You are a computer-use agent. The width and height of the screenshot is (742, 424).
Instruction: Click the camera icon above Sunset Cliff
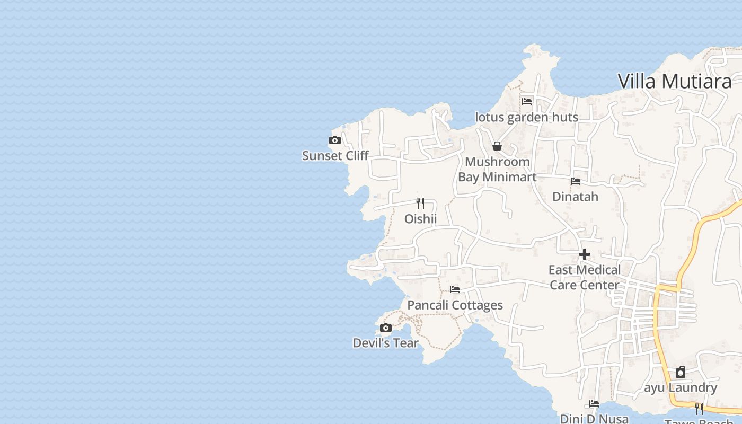click(x=334, y=140)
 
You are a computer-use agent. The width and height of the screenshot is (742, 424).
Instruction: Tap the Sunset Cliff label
click(x=335, y=156)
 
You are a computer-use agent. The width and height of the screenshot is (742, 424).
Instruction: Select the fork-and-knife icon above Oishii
click(x=420, y=203)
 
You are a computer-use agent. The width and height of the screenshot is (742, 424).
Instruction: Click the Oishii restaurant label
click(x=420, y=219)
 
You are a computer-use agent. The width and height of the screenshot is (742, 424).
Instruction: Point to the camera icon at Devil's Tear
click(x=386, y=328)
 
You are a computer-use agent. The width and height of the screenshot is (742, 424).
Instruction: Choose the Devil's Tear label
click(x=385, y=343)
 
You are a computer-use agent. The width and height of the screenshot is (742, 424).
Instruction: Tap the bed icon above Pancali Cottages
click(x=455, y=289)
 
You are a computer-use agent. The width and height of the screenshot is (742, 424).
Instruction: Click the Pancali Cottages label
click(x=455, y=305)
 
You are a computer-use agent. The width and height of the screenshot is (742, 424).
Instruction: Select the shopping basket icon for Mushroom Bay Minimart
click(x=497, y=146)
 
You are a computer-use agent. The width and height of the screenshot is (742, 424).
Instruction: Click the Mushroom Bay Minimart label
click(x=497, y=169)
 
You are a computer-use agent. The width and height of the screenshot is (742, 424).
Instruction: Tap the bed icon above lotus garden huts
click(x=526, y=101)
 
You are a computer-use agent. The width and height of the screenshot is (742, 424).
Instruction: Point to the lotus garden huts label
click(x=526, y=117)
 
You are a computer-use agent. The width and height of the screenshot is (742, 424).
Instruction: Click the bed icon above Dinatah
click(x=576, y=181)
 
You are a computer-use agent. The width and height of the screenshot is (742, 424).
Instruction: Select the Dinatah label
click(x=575, y=197)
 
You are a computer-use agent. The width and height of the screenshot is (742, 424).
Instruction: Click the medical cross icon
click(x=585, y=254)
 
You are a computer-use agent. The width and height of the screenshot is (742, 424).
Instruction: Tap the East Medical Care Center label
click(x=585, y=277)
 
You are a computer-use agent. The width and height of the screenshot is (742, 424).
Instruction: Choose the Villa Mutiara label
click(x=675, y=81)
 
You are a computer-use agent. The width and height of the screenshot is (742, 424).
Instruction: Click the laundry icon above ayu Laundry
click(x=681, y=372)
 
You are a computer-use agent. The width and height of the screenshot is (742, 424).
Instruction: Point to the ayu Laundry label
click(x=681, y=388)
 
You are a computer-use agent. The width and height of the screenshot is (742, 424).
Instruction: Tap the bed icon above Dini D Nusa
click(x=594, y=404)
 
